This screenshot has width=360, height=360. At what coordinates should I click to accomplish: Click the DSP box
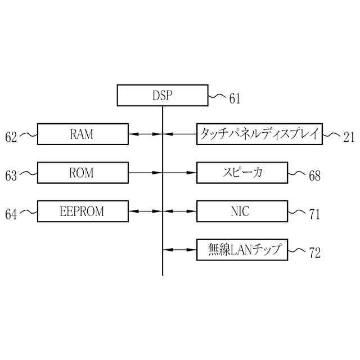click(162, 95)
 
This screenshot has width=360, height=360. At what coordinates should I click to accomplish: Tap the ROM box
click(82, 173)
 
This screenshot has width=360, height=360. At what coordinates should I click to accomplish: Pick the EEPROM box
click(82, 211)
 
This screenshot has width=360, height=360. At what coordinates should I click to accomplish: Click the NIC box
click(242, 211)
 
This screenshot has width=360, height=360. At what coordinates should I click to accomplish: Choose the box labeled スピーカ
click(242, 173)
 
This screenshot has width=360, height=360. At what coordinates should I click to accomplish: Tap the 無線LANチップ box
click(242, 250)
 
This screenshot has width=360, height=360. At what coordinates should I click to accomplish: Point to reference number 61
click(234, 100)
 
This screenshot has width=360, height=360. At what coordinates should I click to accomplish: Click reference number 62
click(11, 137)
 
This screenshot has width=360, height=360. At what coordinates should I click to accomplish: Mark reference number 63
click(11, 176)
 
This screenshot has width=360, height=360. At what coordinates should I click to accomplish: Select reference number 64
click(11, 214)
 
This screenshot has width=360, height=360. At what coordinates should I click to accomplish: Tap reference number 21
click(349, 137)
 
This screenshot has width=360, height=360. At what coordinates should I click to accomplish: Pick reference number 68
click(314, 176)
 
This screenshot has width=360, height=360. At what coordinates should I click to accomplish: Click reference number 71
click(314, 214)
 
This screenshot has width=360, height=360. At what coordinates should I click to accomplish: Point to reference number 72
click(314, 253)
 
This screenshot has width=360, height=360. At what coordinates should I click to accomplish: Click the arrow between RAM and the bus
click(145, 134)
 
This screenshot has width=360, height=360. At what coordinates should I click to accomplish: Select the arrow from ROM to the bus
click(145, 173)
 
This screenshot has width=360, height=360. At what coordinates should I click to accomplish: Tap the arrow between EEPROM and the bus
click(145, 211)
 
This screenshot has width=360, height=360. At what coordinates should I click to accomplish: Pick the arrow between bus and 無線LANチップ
click(179, 250)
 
